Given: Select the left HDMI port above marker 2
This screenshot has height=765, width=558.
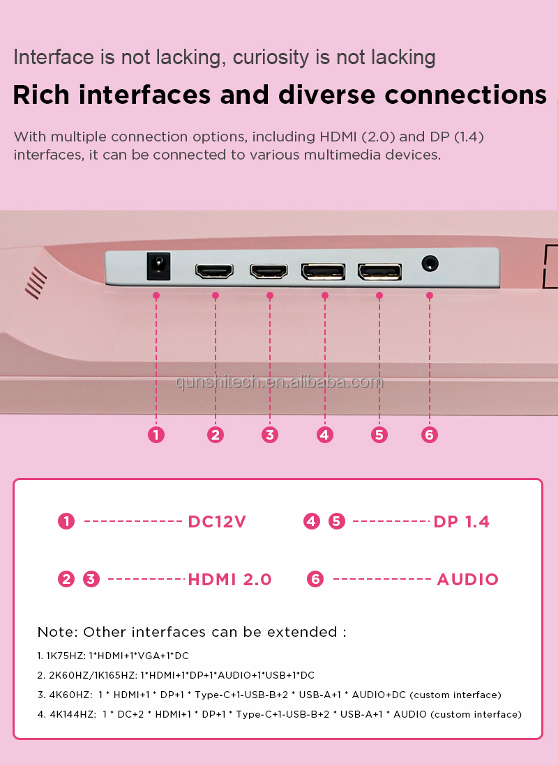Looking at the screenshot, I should coord(214,271).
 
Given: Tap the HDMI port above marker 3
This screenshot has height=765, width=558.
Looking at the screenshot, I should coord(269,271).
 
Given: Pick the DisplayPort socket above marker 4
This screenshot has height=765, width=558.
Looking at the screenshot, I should coord(323,271).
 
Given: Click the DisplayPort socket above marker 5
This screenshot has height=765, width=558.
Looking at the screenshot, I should coord(379,271).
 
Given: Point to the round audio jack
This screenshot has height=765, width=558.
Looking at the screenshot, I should coord(430,264).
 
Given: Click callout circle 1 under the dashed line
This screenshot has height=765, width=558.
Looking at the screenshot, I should coord(156,435).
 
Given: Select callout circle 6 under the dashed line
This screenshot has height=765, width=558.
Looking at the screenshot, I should coord(430,435).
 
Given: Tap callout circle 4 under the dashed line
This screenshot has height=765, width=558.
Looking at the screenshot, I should coord(324,435).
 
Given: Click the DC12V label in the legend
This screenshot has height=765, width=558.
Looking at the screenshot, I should coord(217,522).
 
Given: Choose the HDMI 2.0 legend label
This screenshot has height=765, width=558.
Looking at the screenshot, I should coord(229,580).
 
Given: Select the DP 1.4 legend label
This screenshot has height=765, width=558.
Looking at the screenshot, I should coord(461,522).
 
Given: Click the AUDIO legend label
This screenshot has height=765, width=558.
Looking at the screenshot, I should coord(467,580).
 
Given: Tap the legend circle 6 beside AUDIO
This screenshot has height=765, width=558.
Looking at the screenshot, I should coord(315,580).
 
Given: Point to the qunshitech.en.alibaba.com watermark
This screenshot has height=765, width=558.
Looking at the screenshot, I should coord(279,382).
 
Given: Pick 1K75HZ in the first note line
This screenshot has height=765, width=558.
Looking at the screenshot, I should coord(63,656).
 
